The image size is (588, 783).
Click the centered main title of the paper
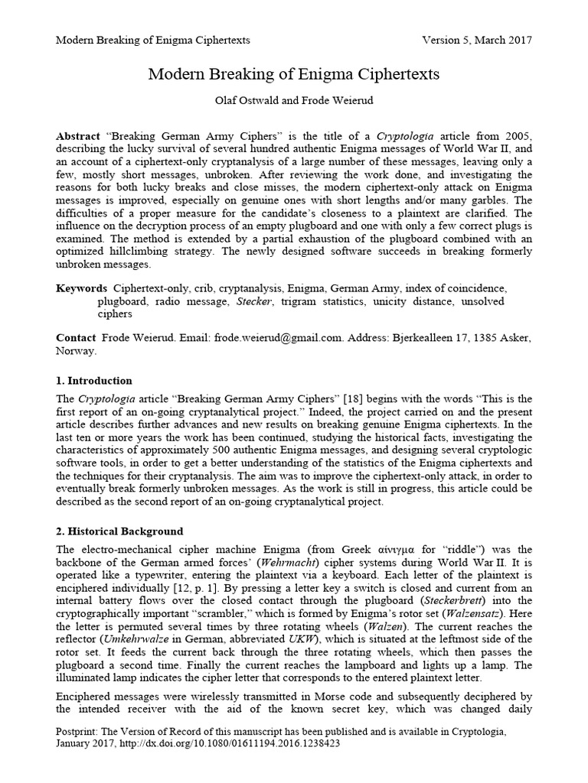click(293, 74)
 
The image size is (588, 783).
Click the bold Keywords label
click(81, 288)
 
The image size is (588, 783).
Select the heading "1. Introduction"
click(94, 380)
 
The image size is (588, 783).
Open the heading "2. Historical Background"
click(119, 530)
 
